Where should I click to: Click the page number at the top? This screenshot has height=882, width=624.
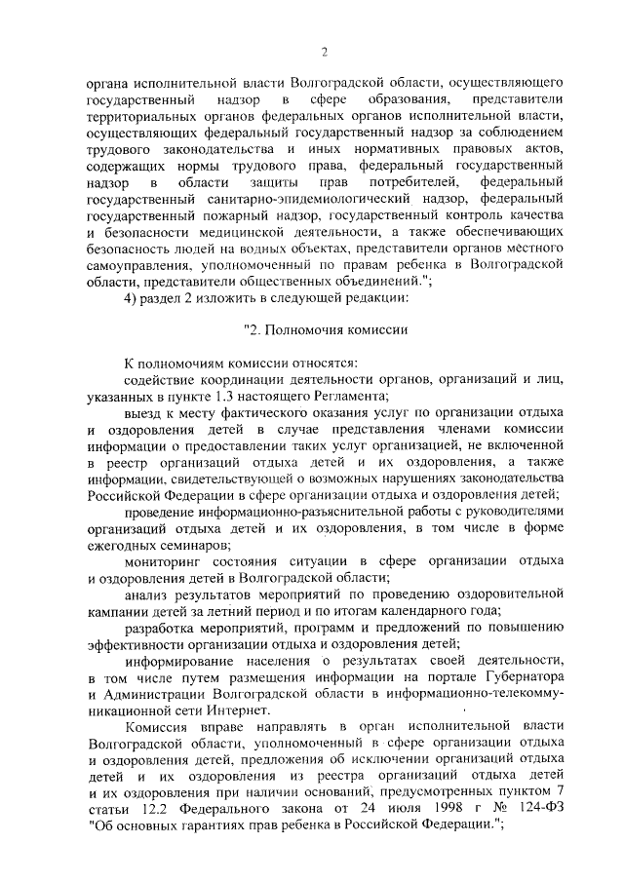323,53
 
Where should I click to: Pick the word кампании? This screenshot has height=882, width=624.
119,610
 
